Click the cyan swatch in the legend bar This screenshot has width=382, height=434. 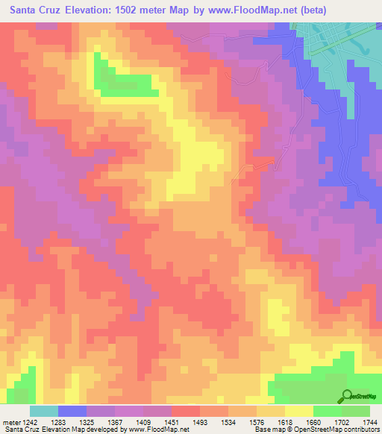point(44,411)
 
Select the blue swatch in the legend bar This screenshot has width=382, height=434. point(72,411)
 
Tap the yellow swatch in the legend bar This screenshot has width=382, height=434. point(298,411)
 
